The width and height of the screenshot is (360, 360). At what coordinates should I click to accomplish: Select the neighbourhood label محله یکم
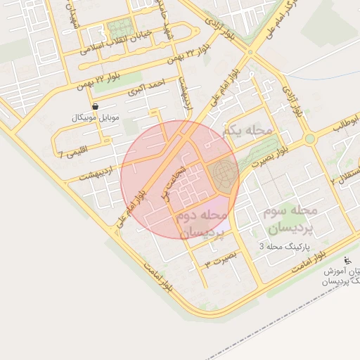point(246,131)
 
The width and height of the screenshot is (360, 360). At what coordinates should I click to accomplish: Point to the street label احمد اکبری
point(146,88)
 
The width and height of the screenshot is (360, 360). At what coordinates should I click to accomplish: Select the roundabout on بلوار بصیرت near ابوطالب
point(309,139)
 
